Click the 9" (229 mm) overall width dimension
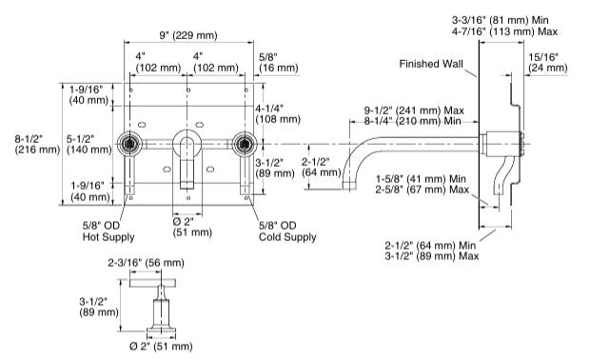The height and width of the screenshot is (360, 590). coord(188,35)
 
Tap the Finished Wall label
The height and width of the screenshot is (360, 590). coord(431,64)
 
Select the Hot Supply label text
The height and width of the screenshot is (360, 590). coord(108,237)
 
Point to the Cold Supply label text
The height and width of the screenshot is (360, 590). coord(287,237)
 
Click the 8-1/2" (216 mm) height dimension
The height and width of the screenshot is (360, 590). coord(37,144)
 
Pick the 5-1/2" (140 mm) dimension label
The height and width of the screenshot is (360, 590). coord(89,144)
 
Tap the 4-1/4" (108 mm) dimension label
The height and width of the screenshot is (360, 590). coord(278,113)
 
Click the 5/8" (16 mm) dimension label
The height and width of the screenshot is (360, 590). coord(279,63)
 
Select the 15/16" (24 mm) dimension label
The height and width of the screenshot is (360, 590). coord(548,63)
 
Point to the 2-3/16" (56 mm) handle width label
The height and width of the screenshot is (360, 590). coord(146,263)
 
